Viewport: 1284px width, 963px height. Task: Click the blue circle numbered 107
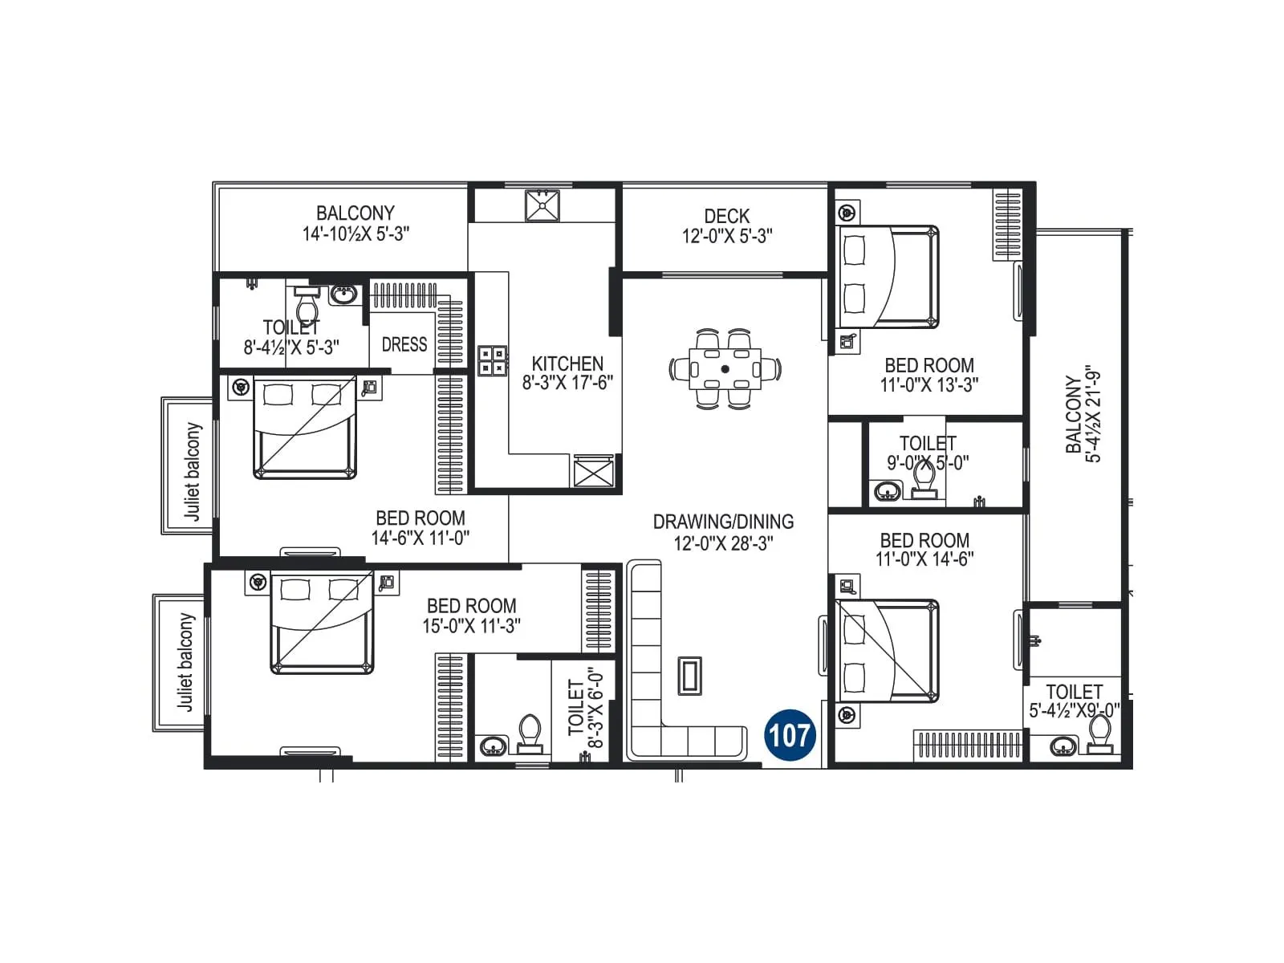point(790,735)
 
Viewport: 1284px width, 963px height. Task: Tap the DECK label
point(726,216)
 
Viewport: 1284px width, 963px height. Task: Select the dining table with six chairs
point(725,369)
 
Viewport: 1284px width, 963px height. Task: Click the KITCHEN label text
point(567,364)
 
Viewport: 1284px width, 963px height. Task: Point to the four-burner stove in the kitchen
point(493,360)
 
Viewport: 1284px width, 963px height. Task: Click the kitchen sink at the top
point(542,205)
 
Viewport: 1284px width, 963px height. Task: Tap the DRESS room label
point(404,344)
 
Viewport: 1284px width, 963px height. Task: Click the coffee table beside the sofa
point(689,676)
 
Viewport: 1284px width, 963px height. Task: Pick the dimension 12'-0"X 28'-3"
point(723,543)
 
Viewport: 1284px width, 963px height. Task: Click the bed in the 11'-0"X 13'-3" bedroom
point(888,277)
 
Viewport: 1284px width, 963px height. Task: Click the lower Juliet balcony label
point(185,663)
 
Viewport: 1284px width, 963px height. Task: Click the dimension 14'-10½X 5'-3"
point(356,234)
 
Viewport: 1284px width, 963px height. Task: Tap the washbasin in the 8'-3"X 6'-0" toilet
point(492,746)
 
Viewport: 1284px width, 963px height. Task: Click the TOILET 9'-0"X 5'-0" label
point(927,453)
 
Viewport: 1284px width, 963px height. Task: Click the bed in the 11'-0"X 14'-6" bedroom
point(888,651)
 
